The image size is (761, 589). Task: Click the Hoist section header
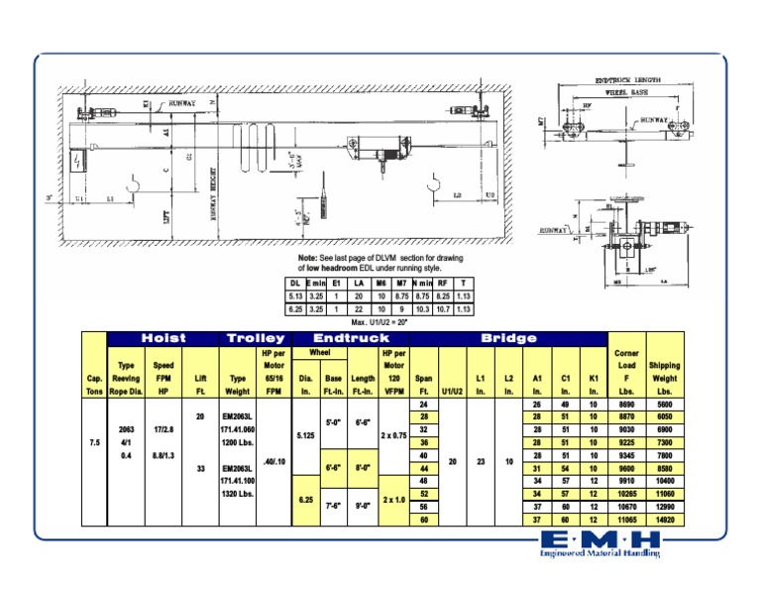click(x=164, y=338)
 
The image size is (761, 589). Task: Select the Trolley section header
click(x=256, y=338)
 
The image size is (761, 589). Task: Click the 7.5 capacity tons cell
click(x=94, y=442)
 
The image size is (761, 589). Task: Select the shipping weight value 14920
click(x=664, y=519)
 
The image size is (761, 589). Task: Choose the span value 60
click(x=423, y=519)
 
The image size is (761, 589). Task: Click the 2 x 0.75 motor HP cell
click(x=393, y=435)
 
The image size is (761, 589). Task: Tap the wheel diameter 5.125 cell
click(x=305, y=435)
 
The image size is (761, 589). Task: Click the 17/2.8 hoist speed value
click(x=163, y=429)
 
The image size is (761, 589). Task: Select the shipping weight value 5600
click(x=664, y=405)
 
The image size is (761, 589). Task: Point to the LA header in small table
click(x=359, y=283)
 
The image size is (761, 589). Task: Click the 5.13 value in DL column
click(x=295, y=295)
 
